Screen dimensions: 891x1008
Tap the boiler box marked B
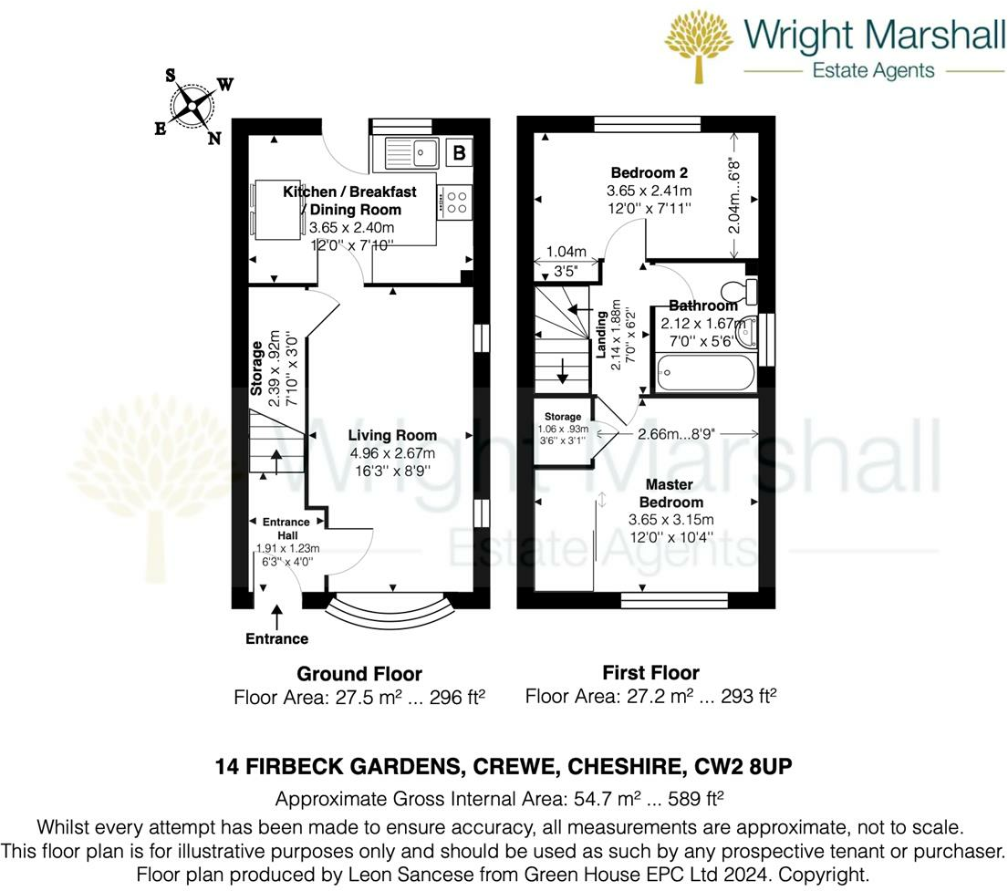pos(460,153)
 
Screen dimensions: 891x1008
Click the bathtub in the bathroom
pos(705,374)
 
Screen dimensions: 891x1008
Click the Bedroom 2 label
pos(649,172)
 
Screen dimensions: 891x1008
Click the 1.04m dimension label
pos(566,251)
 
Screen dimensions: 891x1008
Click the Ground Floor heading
pos(359,674)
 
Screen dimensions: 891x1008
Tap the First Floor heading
pos(650,673)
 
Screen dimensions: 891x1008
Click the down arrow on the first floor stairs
pos(563,371)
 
